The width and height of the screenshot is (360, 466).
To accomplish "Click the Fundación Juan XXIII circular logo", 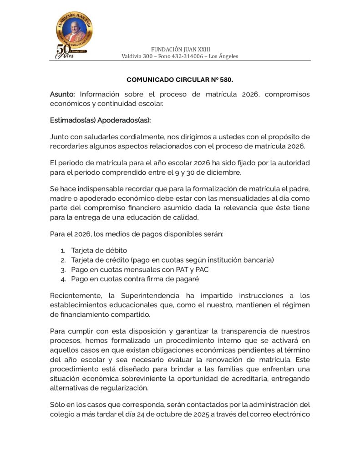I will (74, 30).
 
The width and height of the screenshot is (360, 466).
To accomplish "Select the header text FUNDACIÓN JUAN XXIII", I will (180, 49).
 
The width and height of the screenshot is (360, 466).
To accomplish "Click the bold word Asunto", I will (62, 94).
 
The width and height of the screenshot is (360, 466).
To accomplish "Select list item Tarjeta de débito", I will (99, 250).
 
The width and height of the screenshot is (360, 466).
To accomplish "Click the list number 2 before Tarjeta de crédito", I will (63, 260).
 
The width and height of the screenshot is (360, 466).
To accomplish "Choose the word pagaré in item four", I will (189, 279).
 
